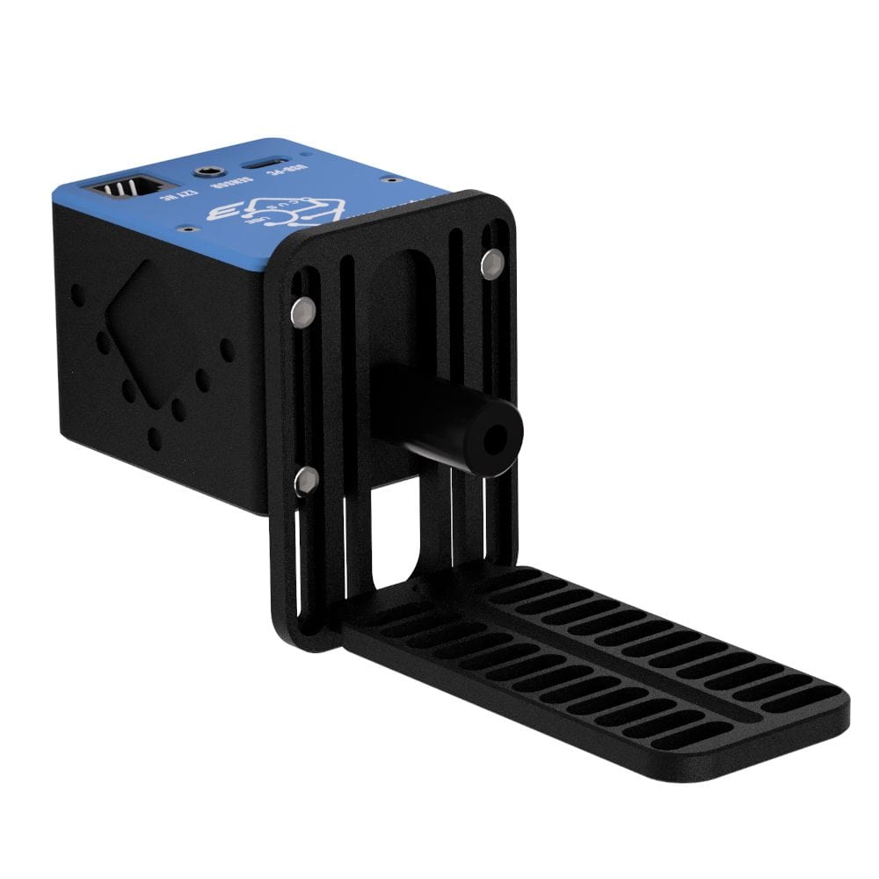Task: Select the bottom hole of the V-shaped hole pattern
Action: pos(156,437)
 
